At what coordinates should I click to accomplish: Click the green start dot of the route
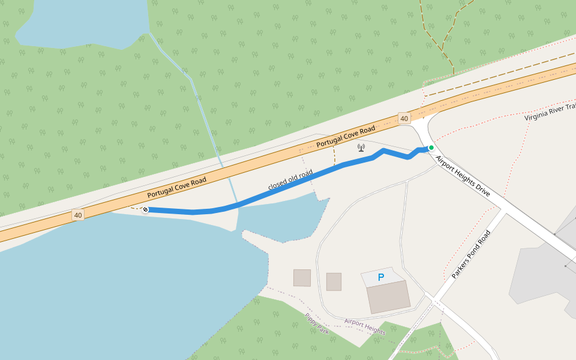431,148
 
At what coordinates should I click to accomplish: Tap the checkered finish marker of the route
145,209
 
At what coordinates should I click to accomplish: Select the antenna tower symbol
361,147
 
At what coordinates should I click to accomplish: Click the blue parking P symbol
380,277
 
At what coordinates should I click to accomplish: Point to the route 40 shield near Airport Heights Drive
404,118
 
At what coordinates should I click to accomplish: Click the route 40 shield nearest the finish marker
77,214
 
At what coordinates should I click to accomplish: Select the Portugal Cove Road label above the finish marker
176,188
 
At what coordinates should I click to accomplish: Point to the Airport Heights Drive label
463,176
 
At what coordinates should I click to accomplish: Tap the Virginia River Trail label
549,111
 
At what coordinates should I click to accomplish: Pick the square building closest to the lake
302,278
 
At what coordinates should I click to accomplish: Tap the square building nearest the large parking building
334,281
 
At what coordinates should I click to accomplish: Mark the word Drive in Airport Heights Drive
482,190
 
